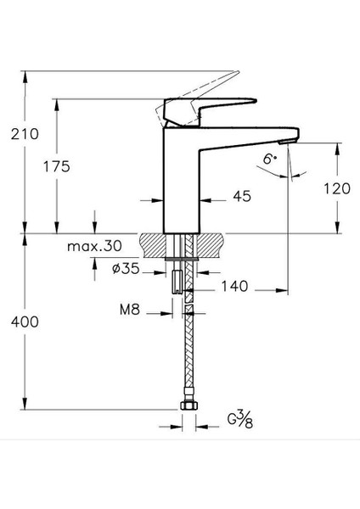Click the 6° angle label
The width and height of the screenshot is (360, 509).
[x=268, y=158]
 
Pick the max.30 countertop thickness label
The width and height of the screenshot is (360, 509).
[x=93, y=246]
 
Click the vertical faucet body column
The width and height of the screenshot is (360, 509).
[x=183, y=182]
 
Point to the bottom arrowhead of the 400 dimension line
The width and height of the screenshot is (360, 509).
[x=26, y=404]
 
